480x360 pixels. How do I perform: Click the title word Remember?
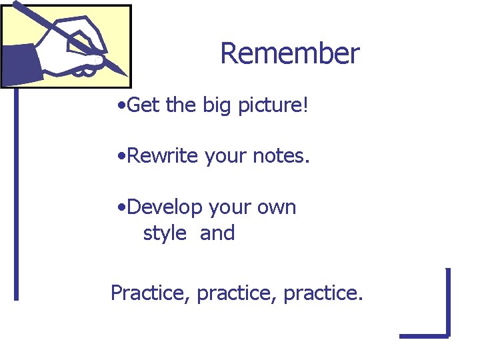[x=289, y=54]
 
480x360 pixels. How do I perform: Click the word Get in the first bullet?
[x=141, y=105]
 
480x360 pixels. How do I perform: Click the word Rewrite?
[x=163, y=156]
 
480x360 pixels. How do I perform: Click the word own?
[x=277, y=208]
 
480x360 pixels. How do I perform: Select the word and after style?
[x=217, y=233]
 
